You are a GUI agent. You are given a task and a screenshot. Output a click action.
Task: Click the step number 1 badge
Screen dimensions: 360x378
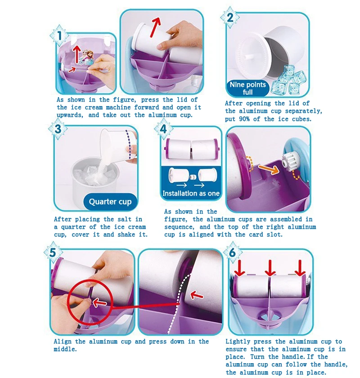point(59,36)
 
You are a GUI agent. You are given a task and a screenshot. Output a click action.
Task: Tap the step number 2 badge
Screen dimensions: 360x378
point(230,18)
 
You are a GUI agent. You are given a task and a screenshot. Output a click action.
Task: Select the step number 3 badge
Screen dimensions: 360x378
point(58,129)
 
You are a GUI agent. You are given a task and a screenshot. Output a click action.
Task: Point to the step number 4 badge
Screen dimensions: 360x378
point(164,129)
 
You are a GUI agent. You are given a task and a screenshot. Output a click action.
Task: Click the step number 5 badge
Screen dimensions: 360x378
point(53,253)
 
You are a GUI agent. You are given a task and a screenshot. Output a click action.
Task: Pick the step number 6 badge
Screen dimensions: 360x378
point(233,253)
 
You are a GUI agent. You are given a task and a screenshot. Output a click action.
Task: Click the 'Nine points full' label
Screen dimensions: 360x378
point(247,88)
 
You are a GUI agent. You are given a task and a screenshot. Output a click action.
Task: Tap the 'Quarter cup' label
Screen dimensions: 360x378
point(110,201)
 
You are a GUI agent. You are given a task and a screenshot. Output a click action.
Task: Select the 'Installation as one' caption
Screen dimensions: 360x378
point(191,193)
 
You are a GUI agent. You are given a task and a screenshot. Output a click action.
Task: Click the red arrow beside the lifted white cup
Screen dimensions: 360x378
point(155,27)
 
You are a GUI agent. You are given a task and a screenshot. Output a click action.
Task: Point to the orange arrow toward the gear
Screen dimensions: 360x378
point(269,169)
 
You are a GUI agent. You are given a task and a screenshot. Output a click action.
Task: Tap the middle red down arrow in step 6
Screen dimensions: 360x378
point(270,268)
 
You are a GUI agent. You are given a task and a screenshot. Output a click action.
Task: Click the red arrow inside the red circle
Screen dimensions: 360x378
point(99,302)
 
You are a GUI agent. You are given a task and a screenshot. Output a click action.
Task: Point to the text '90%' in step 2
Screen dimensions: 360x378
point(244,119)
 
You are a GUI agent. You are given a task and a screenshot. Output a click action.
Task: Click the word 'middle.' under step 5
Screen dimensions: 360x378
point(65,349)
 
